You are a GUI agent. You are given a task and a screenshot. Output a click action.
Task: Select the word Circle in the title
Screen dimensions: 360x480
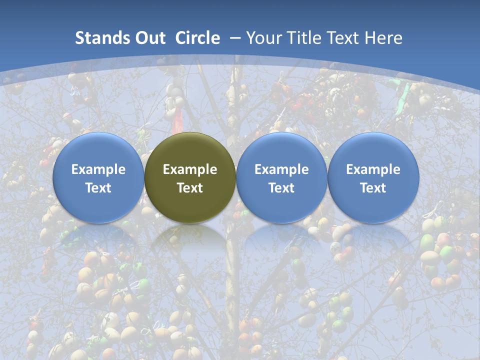coord(197,38)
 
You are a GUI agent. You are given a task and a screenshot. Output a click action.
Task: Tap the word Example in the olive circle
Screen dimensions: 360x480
coord(190,169)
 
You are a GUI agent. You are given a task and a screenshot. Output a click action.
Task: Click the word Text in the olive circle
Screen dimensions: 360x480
coord(190,188)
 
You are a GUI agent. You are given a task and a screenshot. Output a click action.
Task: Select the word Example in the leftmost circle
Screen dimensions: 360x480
coord(98,169)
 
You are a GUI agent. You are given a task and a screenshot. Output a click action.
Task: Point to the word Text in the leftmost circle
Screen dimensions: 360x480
coord(98,188)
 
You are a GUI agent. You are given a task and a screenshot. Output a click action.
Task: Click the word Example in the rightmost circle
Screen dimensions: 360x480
coord(373,169)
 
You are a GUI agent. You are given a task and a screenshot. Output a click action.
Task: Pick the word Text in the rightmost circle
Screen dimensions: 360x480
coord(373,188)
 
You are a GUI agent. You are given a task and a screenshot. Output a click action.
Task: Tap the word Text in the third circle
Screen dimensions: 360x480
coord(281,188)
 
